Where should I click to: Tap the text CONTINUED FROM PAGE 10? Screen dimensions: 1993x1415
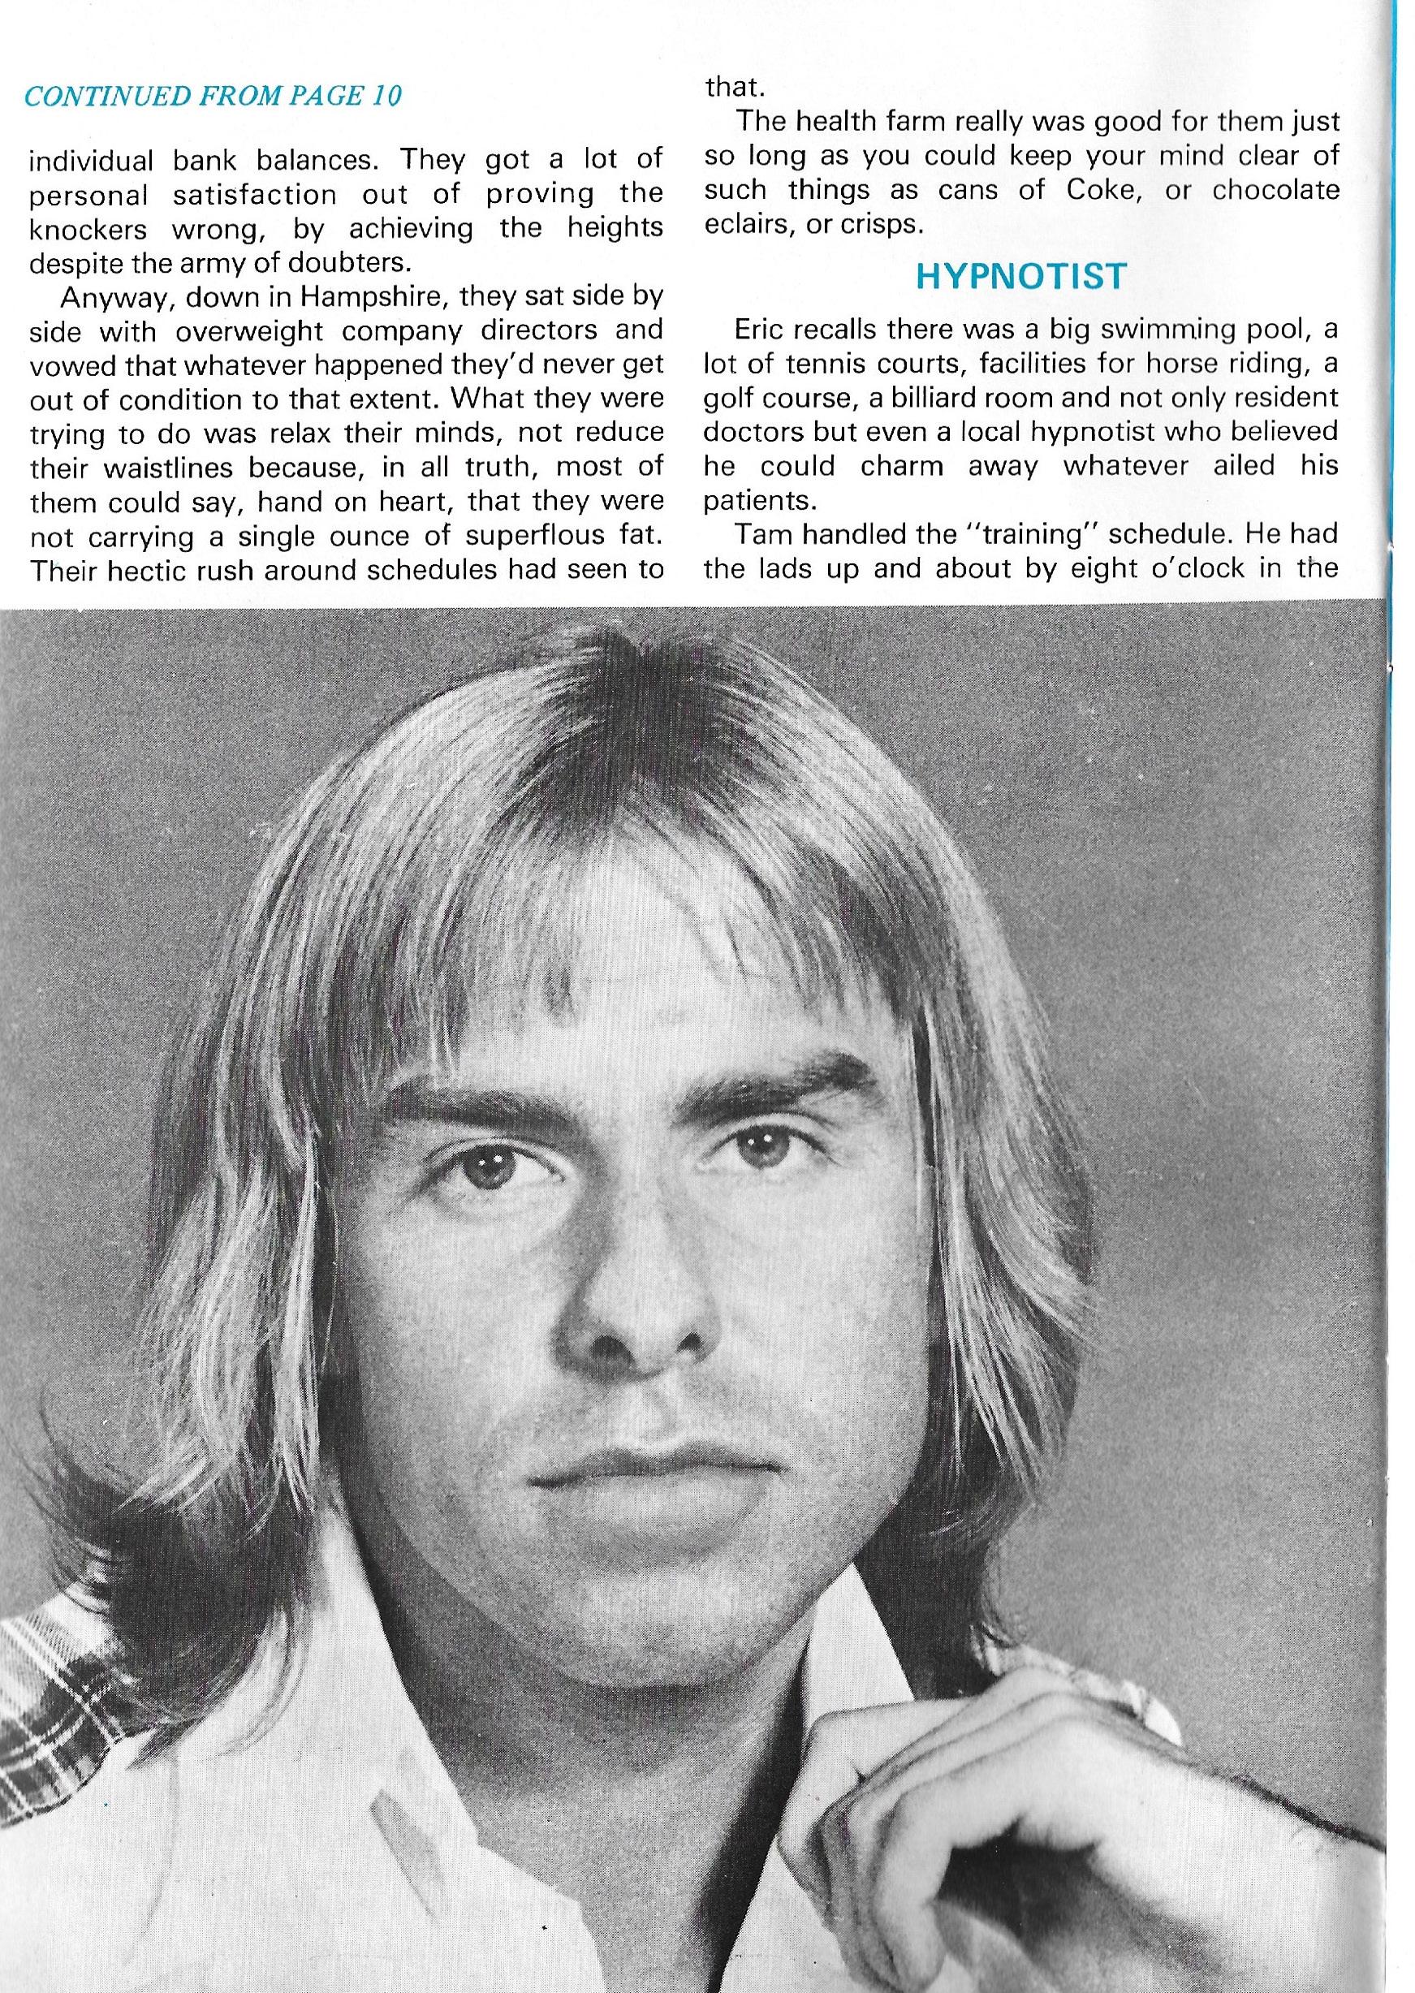[x=213, y=96]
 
